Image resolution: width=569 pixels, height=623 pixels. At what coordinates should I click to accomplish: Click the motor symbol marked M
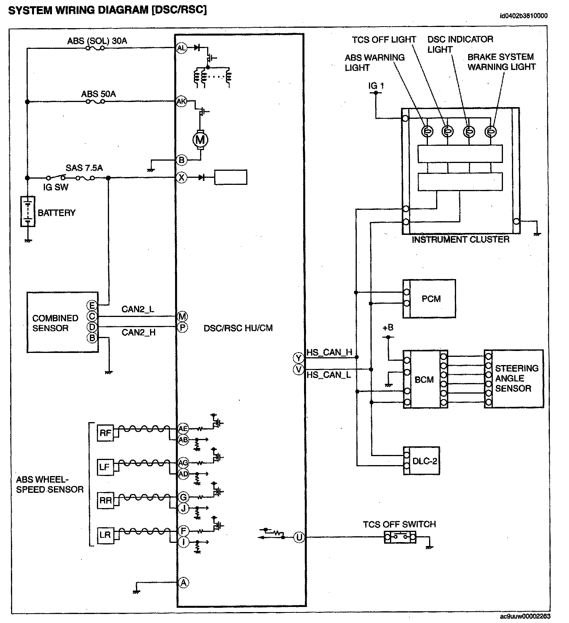200,140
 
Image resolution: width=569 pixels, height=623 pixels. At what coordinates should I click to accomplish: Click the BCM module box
424,379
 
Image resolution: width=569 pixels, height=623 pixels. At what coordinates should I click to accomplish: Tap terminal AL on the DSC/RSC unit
182,48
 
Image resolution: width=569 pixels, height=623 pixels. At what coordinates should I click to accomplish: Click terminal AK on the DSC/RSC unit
182,101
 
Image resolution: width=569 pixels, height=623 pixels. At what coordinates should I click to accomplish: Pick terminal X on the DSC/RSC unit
182,177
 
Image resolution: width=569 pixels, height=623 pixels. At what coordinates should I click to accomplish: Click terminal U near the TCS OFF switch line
299,537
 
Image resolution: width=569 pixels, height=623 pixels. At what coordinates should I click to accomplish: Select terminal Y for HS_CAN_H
299,358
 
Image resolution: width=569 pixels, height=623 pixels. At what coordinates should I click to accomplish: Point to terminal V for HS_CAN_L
299,369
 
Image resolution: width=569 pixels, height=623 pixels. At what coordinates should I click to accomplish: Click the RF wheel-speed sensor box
106,433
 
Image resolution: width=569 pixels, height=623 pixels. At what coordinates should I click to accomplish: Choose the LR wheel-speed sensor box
106,535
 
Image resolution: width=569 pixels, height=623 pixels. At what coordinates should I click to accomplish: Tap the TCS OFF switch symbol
400,537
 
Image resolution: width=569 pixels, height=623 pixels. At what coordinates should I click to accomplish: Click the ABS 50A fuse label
98,94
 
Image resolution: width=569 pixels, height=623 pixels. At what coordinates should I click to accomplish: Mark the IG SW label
55,187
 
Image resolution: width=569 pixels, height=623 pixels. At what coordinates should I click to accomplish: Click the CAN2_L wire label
138,309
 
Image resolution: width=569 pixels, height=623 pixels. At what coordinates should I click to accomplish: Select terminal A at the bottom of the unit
183,583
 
